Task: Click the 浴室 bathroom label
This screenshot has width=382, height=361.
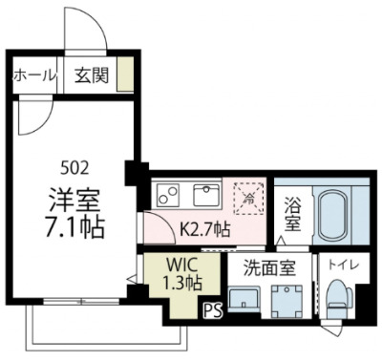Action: pos(293,212)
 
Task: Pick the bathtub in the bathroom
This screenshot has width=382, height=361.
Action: pos(334,213)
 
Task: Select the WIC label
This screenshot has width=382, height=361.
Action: pos(181,263)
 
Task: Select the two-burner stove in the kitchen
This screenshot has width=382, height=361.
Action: pos(168,197)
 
